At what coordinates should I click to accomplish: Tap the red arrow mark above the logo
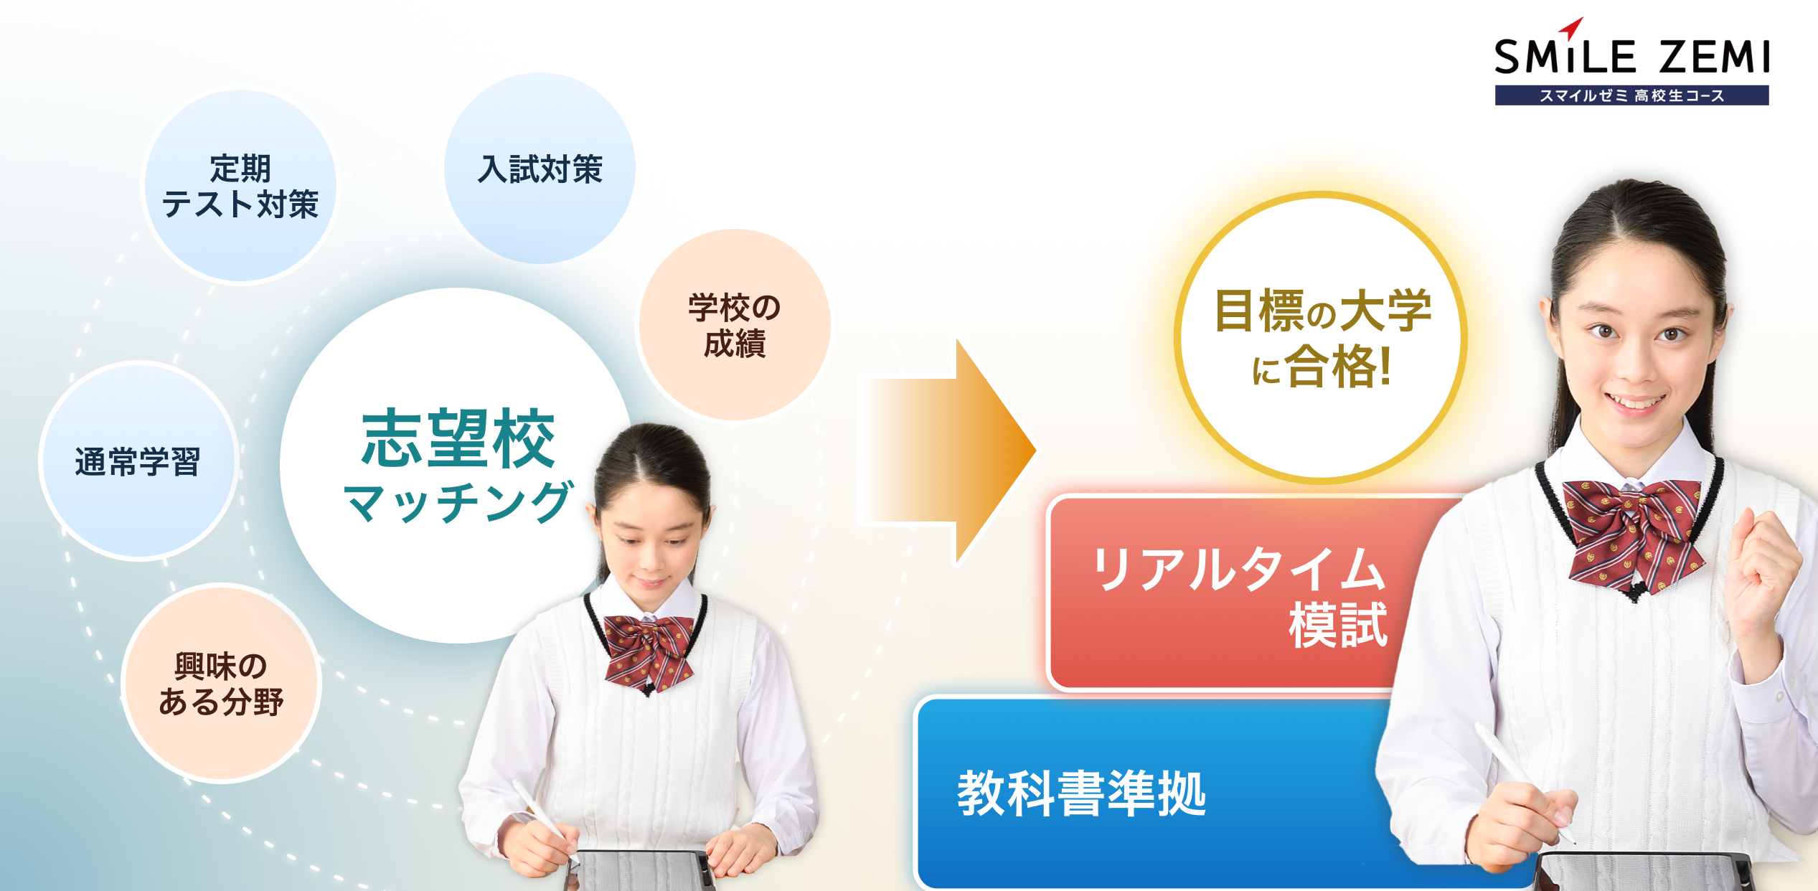pyautogui.click(x=1572, y=28)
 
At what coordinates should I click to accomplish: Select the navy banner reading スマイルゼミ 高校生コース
pyautogui.click(x=1631, y=95)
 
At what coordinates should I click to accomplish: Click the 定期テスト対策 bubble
pyautogui.click(x=240, y=186)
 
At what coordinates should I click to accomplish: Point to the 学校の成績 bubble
pyautogui.click(x=734, y=325)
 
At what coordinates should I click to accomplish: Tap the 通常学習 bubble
pyautogui.click(x=138, y=461)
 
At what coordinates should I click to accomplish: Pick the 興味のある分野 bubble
pyautogui.click(x=221, y=684)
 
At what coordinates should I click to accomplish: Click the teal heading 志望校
pyautogui.click(x=458, y=438)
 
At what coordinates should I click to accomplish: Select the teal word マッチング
pyautogui.click(x=458, y=501)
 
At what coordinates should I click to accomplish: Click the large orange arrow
pyautogui.click(x=954, y=452)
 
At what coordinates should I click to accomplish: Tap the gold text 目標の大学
pyautogui.click(x=1322, y=311)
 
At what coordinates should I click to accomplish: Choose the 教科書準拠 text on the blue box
pyautogui.click(x=1081, y=793)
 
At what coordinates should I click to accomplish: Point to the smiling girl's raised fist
pyautogui.click(x=1761, y=567)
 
